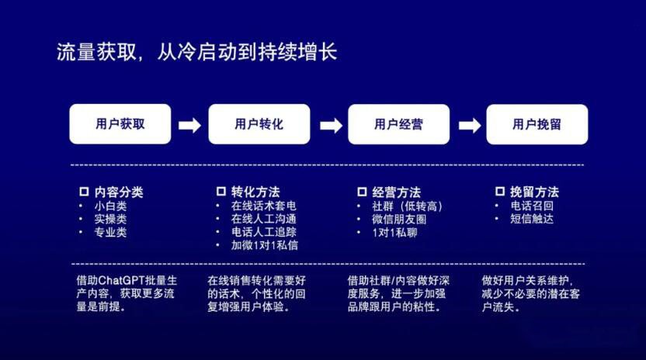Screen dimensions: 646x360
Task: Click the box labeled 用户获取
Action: [120, 124]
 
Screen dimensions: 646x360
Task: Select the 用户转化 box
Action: [259, 124]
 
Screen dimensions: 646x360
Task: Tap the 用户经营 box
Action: [399, 124]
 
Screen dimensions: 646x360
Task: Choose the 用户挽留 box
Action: [537, 124]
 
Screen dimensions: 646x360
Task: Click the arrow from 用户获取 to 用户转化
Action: [190, 125]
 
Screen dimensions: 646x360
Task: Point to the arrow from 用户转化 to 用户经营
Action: [332, 125]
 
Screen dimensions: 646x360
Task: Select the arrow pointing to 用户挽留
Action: [470, 125]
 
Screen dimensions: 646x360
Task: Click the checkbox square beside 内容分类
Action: [84, 192]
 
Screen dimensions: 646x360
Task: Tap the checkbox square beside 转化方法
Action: [221, 191]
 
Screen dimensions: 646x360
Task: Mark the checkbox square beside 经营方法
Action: [362, 192]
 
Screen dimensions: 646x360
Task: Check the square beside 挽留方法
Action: [500, 191]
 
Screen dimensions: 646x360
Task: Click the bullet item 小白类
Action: [110, 206]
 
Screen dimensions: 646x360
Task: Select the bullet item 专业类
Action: [110, 232]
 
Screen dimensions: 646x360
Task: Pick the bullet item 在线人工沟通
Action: [264, 219]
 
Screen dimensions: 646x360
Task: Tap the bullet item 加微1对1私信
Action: [265, 245]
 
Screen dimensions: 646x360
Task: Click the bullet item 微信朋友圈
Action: [399, 220]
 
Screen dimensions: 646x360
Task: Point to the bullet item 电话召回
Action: [532, 206]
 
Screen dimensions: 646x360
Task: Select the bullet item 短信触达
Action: [532, 219]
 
